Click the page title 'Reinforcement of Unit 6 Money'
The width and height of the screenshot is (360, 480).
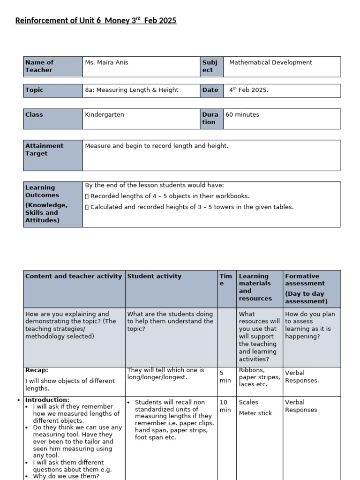coord(96,21)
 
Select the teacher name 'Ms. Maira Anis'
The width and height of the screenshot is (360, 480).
coord(106,62)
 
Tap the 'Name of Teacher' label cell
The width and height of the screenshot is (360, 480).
coord(52,66)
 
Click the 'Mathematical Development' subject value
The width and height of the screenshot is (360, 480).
coord(270,62)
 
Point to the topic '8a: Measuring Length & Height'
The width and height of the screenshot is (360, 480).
coord(131,90)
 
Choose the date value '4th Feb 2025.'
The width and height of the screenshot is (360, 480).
coord(248,90)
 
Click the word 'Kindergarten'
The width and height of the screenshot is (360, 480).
coord(105,114)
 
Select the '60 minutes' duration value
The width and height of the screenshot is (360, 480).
coord(242,114)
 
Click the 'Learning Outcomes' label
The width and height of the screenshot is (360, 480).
coord(42,191)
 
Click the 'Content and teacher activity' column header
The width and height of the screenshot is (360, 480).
coord(74,276)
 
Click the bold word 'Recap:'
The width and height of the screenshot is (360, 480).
coord(37,370)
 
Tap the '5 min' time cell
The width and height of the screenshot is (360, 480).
coord(225,377)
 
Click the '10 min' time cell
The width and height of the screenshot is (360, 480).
coord(225,406)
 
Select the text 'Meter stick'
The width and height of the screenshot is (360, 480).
coord(255,413)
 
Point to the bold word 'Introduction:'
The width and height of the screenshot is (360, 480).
coord(47,400)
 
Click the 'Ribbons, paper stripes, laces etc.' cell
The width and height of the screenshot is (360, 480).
coord(259,377)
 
